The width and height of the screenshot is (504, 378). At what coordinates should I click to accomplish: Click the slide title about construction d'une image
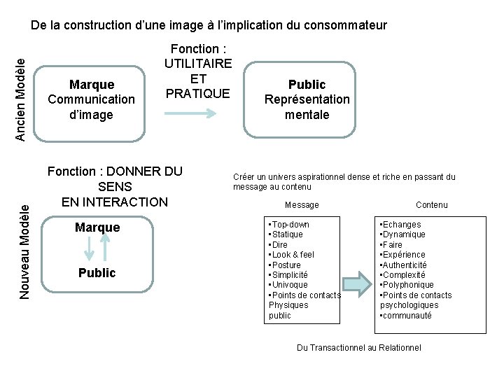(x=209, y=25)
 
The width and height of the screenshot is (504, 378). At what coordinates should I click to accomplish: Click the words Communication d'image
(x=91, y=106)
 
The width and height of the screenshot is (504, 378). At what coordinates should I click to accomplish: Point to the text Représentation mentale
(x=307, y=106)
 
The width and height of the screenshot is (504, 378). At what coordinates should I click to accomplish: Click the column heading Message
(x=302, y=205)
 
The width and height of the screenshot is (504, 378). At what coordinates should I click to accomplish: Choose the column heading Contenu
(x=431, y=205)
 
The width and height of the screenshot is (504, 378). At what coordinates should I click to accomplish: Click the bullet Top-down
(x=290, y=225)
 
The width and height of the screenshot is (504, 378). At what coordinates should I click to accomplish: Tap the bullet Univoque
(x=289, y=285)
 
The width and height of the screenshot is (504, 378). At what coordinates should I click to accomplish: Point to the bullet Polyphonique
(x=407, y=285)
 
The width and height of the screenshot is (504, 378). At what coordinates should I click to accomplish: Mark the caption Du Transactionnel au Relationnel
(x=359, y=348)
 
